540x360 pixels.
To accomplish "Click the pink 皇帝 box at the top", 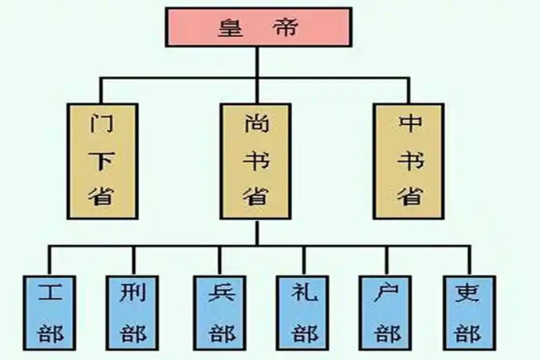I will [x=258, y=27].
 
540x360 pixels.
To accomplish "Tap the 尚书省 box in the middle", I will [x=255, y=161].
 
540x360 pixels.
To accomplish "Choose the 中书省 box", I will [x=408, y=161].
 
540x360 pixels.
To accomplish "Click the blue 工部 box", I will [x=50, y=312].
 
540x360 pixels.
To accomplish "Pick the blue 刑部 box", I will [x=134, y=312].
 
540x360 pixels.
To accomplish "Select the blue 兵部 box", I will [x=220, y=312].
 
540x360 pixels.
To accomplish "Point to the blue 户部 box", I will [x=387, y=312].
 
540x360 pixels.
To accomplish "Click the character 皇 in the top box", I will [x=228, y=28].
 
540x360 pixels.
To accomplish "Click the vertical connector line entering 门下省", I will [x=101, y=91].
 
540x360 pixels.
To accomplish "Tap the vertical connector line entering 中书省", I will [x=409, y=91].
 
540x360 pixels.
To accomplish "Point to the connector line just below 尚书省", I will [x=256, y=232].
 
